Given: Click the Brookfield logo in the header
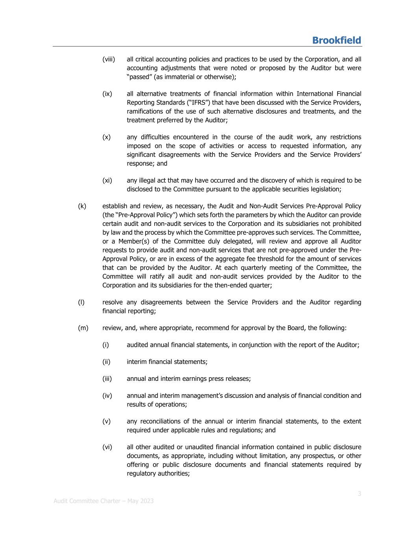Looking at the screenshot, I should click(x=336, y=40).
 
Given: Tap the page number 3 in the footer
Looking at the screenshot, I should click(x=359, y=494).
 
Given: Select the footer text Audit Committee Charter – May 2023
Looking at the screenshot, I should click(x=103, y=501).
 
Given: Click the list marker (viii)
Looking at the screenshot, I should click(x=109, y=59).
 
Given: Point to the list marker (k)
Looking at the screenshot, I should click(x=82, y=206).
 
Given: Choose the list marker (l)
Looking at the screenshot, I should click(x=81, y=302).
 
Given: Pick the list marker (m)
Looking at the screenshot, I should click(x=83, y=327).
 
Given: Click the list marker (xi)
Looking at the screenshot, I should click(x=107, y=181).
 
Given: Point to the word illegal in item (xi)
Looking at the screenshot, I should click(x=148, y=181).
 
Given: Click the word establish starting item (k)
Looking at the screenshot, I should click(x=114, y=206).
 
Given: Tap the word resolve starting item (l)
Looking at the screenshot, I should click(x=112, y=302).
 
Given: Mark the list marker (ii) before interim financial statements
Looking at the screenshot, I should click(x=106, y=362).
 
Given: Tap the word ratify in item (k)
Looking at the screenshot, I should click(x=157, y=276).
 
